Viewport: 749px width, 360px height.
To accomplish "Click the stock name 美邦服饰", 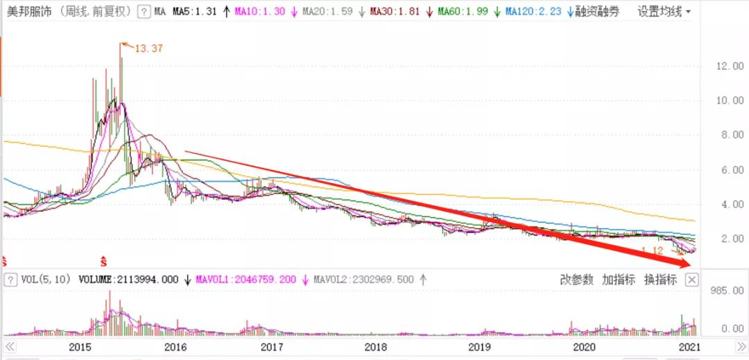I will (x=27, y=11).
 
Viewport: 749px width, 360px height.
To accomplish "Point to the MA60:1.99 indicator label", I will (x=463, y=11).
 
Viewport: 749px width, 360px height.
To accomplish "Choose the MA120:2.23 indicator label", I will (x=533, y=11).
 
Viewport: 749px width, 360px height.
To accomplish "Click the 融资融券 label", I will (x=597, y=11).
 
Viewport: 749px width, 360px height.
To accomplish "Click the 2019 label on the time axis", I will (x=480, y=346).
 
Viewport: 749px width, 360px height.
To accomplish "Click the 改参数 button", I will (x=577, y=280).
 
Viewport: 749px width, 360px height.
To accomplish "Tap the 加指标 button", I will (x=619, y=280).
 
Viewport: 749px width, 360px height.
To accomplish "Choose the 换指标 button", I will (x=660, y=280).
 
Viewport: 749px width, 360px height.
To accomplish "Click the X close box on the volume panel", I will (x=691, y=280).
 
